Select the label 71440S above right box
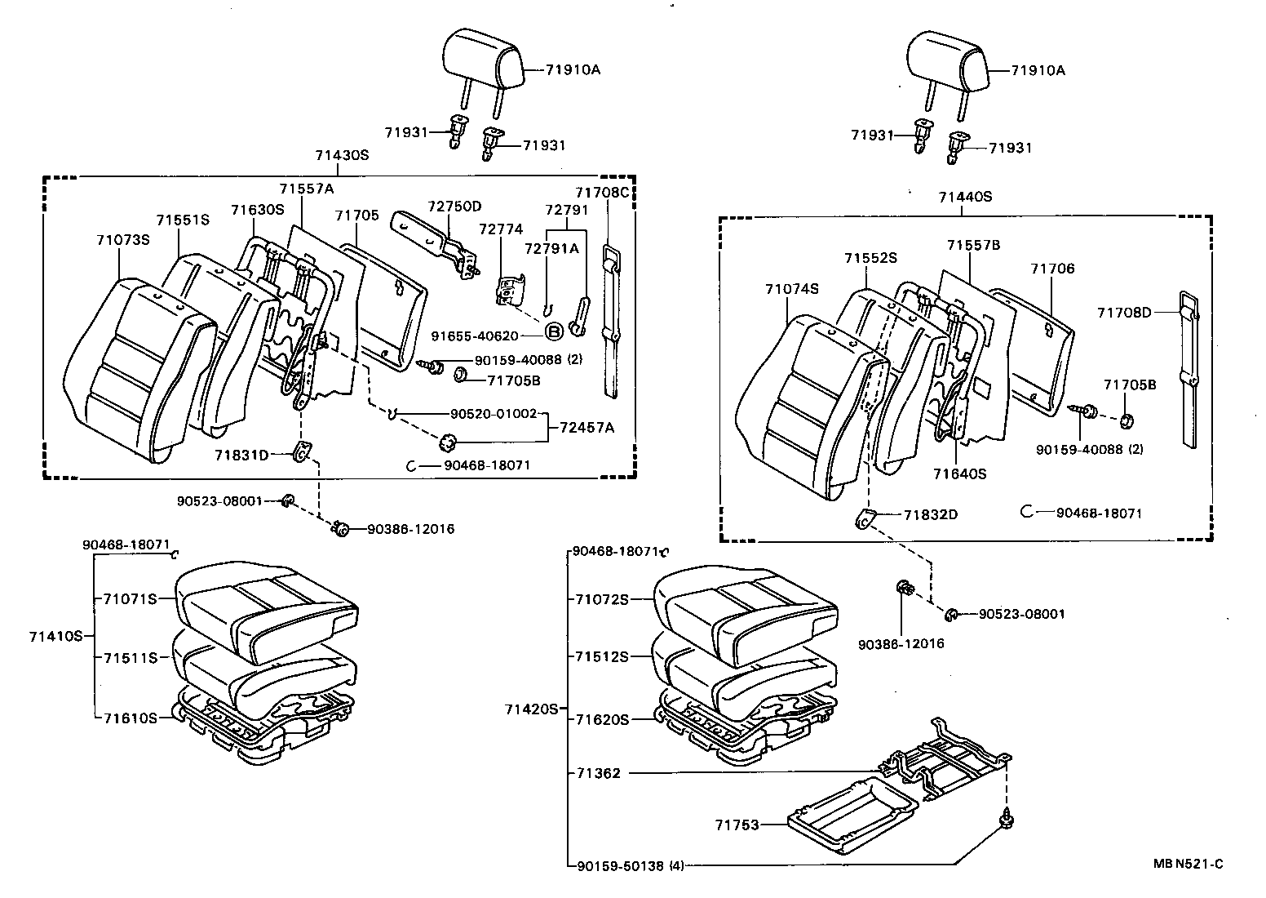click(x=964, y=197)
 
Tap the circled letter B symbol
click(x=553, y=331)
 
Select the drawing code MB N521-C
click(x=1189, y=865)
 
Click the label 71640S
click(x=959, y=473)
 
